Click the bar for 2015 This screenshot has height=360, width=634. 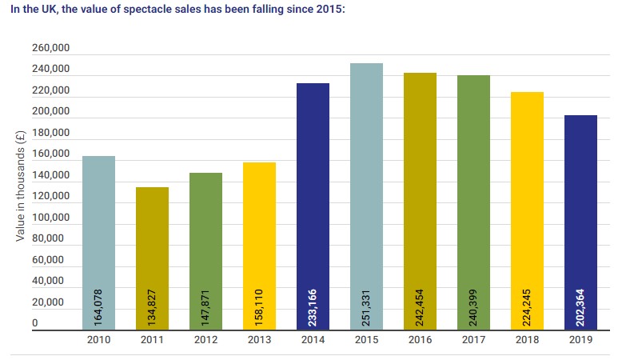point(366,196)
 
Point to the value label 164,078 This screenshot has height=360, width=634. point(99,305)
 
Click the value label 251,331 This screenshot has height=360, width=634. point(366,305)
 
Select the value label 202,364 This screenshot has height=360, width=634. point(580,305)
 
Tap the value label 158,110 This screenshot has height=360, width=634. point(259,305)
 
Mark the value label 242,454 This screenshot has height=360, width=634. point(420,305)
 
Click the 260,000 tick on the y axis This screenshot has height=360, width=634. point(51,48)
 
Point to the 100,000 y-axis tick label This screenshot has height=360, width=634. point(51,218)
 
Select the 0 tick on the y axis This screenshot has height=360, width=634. point(35,324)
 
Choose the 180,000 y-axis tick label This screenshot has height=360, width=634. point(51,133)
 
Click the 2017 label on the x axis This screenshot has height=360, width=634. point(473,340)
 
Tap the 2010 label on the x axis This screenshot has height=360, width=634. point(99,340)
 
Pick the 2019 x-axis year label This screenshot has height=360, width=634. point(580,340)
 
